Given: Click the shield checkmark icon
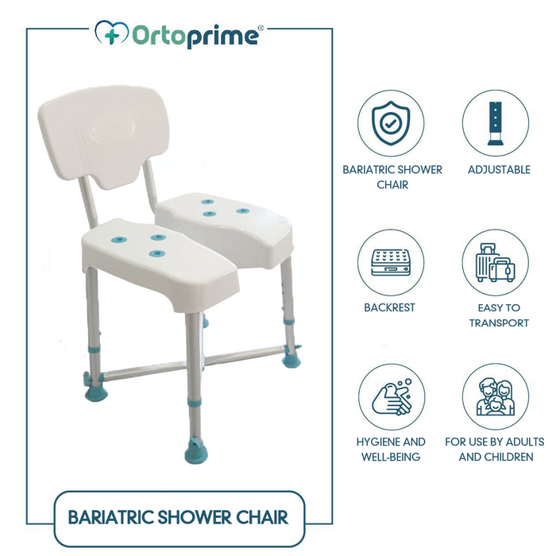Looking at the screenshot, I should [390, 124].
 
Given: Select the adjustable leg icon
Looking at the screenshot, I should [496, 125].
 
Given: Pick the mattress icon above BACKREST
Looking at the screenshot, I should [390, 263].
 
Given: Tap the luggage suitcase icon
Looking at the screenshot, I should [496, 263].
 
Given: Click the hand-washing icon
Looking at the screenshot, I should [392, 396].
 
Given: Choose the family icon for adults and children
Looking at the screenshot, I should [496, 396].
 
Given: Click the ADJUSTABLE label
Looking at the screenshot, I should [499, 170].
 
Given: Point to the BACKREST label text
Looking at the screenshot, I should [389, 307].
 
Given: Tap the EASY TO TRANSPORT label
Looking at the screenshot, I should [499, 315].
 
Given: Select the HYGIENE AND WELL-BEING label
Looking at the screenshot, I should [390, 450].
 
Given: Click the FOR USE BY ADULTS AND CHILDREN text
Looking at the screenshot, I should [496, 450].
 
